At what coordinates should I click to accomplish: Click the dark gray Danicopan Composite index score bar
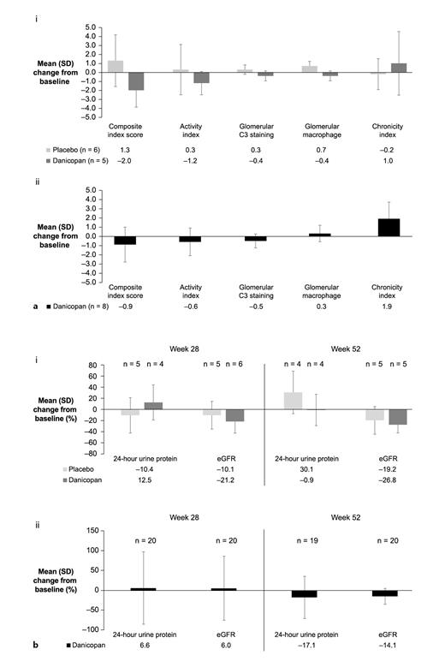coord(136,80)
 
